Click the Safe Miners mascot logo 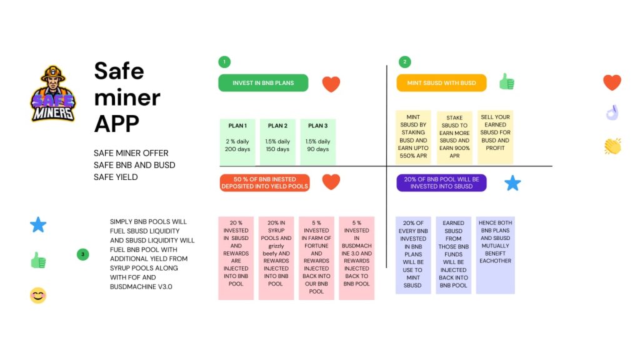[x=53, y=94]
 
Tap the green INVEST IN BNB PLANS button [x=263, y=83]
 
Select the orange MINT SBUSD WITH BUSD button [x=441, y=83]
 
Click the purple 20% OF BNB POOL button [x=441, y=183]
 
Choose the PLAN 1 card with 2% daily [x=237, y=142]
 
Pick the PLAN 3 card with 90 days [x=318, y=142]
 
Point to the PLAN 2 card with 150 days [x=277, y=142]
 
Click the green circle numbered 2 [x=405, y=62]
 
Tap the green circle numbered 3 [x=83, y=255]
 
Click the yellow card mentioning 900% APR [x=454, y=137]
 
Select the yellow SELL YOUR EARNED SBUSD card [x=495, y=137]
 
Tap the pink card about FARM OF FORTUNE [x=316, y=258]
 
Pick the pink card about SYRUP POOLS [x=276, y=258]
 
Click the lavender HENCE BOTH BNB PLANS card [x=495, y=255]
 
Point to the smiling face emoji [x=38, y=296]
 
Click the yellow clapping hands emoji [x=612, y=146]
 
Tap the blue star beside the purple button [x=512, y=183]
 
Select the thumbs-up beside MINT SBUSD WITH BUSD [x=507, y=82]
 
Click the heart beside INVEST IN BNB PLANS [x=331, y=84]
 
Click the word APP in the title [x=117, y=124]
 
